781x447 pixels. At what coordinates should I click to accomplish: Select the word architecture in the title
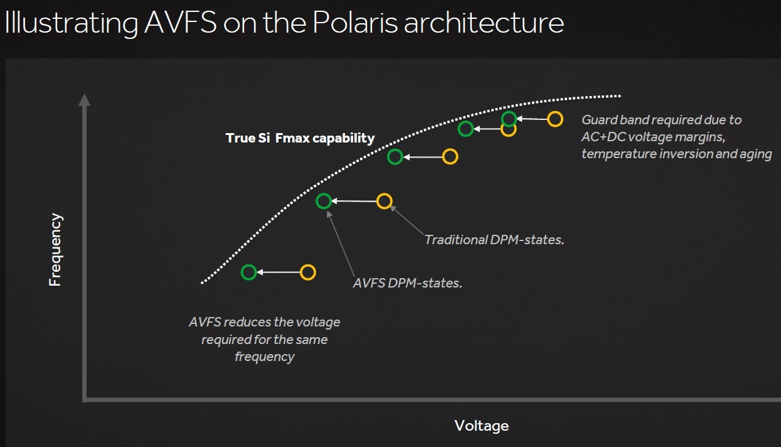tap(483, 23)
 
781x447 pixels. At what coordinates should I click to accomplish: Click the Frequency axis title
tap(56, 250)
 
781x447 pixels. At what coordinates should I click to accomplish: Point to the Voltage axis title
tap(481, 426)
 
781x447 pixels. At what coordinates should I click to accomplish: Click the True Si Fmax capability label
tap(300, 138)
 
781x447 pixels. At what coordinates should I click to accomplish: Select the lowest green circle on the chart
tap(248, 272)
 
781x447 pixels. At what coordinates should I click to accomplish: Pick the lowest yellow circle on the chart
tap(307, 272)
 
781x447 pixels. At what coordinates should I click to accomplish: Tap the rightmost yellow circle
tap(555, 119)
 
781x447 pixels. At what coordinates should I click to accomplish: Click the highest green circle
tap(509, 119)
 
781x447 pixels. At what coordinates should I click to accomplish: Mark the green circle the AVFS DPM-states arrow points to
tap(323, 201)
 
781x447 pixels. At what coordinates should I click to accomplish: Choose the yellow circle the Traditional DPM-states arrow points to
tap(384, 201)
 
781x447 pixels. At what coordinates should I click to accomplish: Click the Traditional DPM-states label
tap(494, 239)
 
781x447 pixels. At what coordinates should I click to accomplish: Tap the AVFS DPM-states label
tap(407, 283)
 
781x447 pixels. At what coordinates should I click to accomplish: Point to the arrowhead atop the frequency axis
tap(84, 99)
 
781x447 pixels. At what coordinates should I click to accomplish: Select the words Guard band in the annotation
tap(609, 120)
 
